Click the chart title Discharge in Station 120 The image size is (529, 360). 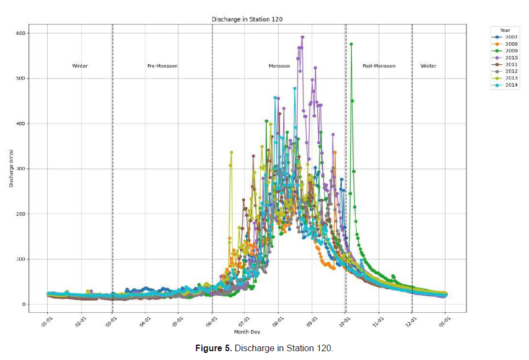(x=247, y=19)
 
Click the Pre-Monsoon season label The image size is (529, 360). (x=162, y=66)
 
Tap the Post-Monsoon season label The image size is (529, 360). (x=379, y=66)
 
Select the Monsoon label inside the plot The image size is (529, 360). (x=279, y=66)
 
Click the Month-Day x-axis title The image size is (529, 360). (x=247, y=332)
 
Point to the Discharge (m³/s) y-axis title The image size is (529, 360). (x=11, y=168)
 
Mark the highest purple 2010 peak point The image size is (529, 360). (x=302, y=37)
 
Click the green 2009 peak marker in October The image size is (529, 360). (x=351, y=44)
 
